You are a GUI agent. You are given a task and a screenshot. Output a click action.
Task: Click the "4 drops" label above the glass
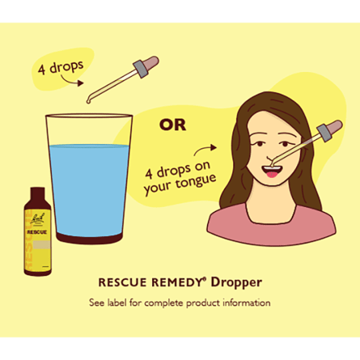[x=61, y=66]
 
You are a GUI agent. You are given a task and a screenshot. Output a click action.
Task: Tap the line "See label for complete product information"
[x=180, y=303]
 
